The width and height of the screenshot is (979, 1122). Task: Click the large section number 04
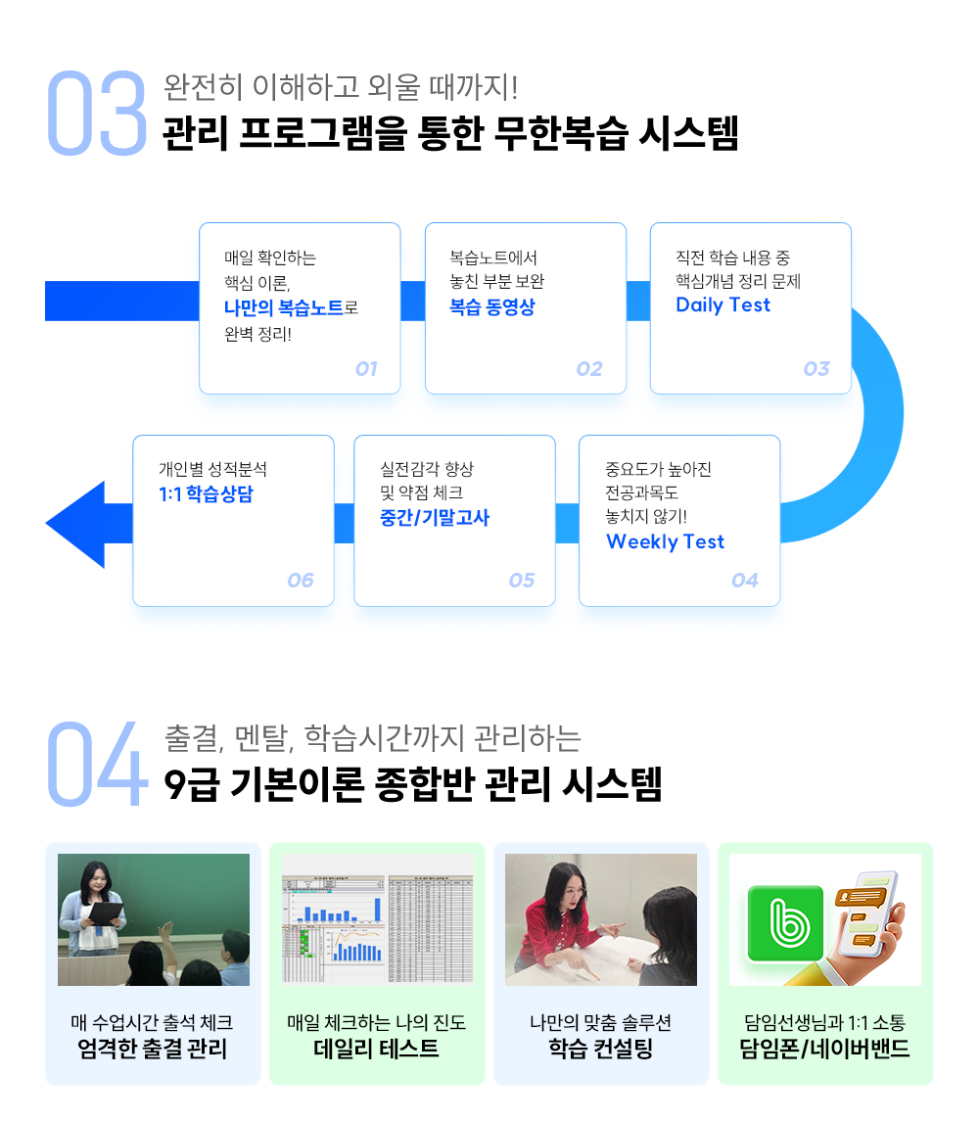pos(96,766)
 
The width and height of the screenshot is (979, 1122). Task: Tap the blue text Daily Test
pos(723,305)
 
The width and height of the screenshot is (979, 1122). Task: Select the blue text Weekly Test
pos(665,542)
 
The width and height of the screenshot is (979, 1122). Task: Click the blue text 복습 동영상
pos(491,307)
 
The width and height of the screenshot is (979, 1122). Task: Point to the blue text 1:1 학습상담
pos(206,494)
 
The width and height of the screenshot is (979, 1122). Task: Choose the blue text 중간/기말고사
pos(434,518)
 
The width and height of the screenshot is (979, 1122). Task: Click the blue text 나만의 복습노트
pos(284,307)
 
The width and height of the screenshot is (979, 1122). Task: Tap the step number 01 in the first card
pos(366,369)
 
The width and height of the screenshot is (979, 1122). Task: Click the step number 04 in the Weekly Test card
pos(745,581)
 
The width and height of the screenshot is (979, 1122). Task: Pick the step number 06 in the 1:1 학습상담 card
pos(301,581)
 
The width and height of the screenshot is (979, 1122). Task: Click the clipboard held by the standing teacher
pos(108,913)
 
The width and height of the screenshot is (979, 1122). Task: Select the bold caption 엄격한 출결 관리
pos(152,1051)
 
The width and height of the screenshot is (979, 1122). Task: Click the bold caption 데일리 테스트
pos(376,1051)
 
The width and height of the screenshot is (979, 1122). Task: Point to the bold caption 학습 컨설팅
pos(600,1051)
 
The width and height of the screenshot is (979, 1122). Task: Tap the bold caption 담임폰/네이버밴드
pos(824,1051)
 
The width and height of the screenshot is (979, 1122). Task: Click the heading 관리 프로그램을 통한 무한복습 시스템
pos(450,134)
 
